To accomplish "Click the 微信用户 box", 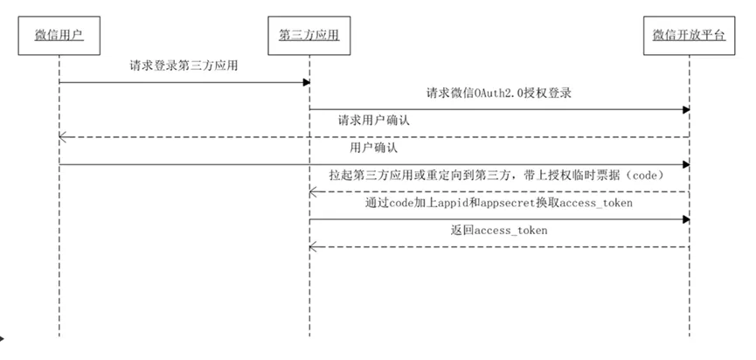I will click(59, 35).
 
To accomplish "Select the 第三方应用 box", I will click(309, 35).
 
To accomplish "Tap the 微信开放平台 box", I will click(689, 35).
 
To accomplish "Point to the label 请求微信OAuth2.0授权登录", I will click(499, 93).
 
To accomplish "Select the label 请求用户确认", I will click(373, 121).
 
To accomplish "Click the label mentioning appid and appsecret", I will click(499, 204).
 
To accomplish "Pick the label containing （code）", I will click(499, 176).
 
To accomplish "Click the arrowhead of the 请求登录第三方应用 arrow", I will click(307, 82).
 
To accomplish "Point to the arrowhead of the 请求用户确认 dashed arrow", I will click(62, 137).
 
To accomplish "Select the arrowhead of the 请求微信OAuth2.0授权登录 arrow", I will click(686, 110).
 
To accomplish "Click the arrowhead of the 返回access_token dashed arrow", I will click(312, 247).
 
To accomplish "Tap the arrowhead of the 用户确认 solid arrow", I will click(686, 164).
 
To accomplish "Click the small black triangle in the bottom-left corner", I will click(3, 334).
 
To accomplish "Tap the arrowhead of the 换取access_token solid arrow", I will click(686, 219).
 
